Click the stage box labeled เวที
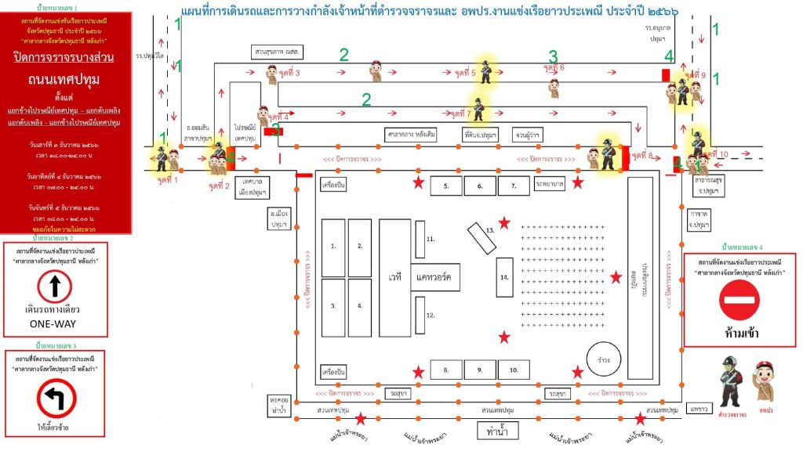394,277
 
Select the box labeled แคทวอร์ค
435,277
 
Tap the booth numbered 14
505,278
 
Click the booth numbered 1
333,247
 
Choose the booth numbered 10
514,370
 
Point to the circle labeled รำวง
604,359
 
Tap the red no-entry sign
739,300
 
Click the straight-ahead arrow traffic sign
56,287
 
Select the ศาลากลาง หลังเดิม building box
411,134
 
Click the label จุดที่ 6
553,68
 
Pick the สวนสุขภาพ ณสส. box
278,52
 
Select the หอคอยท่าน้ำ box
278,404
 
